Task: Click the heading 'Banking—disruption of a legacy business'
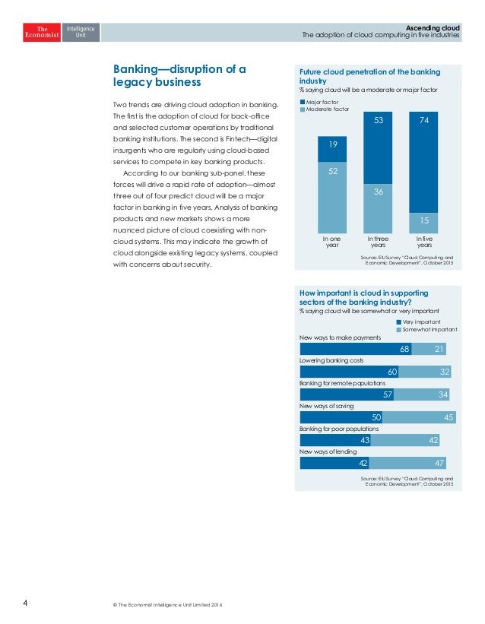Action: point(179,75)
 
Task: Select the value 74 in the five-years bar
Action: point(424,121)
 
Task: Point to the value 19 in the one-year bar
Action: point(332,144)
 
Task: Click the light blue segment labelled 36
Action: point(378,193)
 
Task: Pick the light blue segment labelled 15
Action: point(424,220)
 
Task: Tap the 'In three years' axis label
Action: point(378,242)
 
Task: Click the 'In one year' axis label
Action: point(332,242)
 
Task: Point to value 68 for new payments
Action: point(405,349)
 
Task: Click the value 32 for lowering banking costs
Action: point(445,372)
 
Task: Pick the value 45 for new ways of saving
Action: point(449,418)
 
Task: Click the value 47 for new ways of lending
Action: point(439,463)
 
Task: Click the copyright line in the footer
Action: point(166,605)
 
